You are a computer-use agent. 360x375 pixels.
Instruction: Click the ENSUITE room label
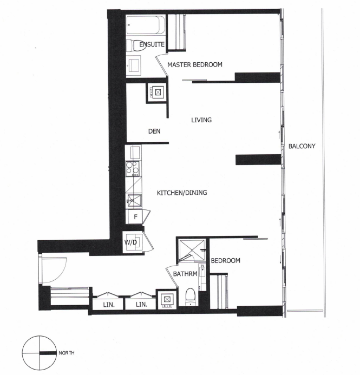coord(152,44)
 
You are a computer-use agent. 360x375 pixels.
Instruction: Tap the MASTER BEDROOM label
coord(195,64)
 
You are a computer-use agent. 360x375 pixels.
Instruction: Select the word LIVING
coord(201,120)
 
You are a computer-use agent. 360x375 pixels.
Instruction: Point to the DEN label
coord(154,131)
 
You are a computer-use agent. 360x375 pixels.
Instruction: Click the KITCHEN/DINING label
coord(182,193)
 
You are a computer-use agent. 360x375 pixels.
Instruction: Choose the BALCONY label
coord(302,146)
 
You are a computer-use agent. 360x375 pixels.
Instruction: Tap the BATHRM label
coord(185,274)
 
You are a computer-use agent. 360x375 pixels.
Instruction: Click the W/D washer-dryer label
coord(130,242)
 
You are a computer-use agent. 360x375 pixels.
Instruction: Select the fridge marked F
coord(134,217)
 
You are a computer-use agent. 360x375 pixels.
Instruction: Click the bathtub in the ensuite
coord(146,25)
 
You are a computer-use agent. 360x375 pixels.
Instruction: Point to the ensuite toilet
coord(136,45)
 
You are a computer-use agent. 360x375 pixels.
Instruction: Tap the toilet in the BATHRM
coord(191,297)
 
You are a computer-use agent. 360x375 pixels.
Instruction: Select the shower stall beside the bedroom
coord(192,250)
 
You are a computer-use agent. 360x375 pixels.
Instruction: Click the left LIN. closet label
coord(109,305)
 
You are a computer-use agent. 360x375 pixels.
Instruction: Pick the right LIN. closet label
coord(142,305)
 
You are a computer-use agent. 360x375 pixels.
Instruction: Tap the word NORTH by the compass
coord(67,353)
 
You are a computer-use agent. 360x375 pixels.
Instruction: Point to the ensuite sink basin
coord(134,64)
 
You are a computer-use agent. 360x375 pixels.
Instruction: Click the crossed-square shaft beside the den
coord(158,92)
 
